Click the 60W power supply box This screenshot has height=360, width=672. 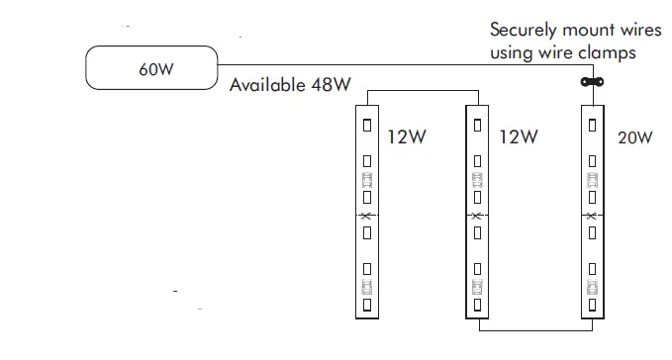(x=151, y=69)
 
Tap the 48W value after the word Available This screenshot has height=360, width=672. (x=330, y=85)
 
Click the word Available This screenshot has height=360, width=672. (x=266, y=85)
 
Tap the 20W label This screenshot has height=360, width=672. (x=634, y=137)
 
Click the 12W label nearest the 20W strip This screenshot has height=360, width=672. (x=519, y=137)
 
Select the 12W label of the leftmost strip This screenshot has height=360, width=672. (x=405, y=137)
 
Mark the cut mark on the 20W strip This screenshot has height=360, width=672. (x=592, y=216)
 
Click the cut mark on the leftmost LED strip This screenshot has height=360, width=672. (x=366, y=216)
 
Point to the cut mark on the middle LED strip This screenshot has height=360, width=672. (x=478, y=216)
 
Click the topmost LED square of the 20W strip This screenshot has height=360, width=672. (x=592, y=126)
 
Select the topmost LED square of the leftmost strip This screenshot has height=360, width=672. (x=366, y=126)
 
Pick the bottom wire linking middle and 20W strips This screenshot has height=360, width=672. (x=534, y=327)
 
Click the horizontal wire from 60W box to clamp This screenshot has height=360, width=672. (x=396, y=67)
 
